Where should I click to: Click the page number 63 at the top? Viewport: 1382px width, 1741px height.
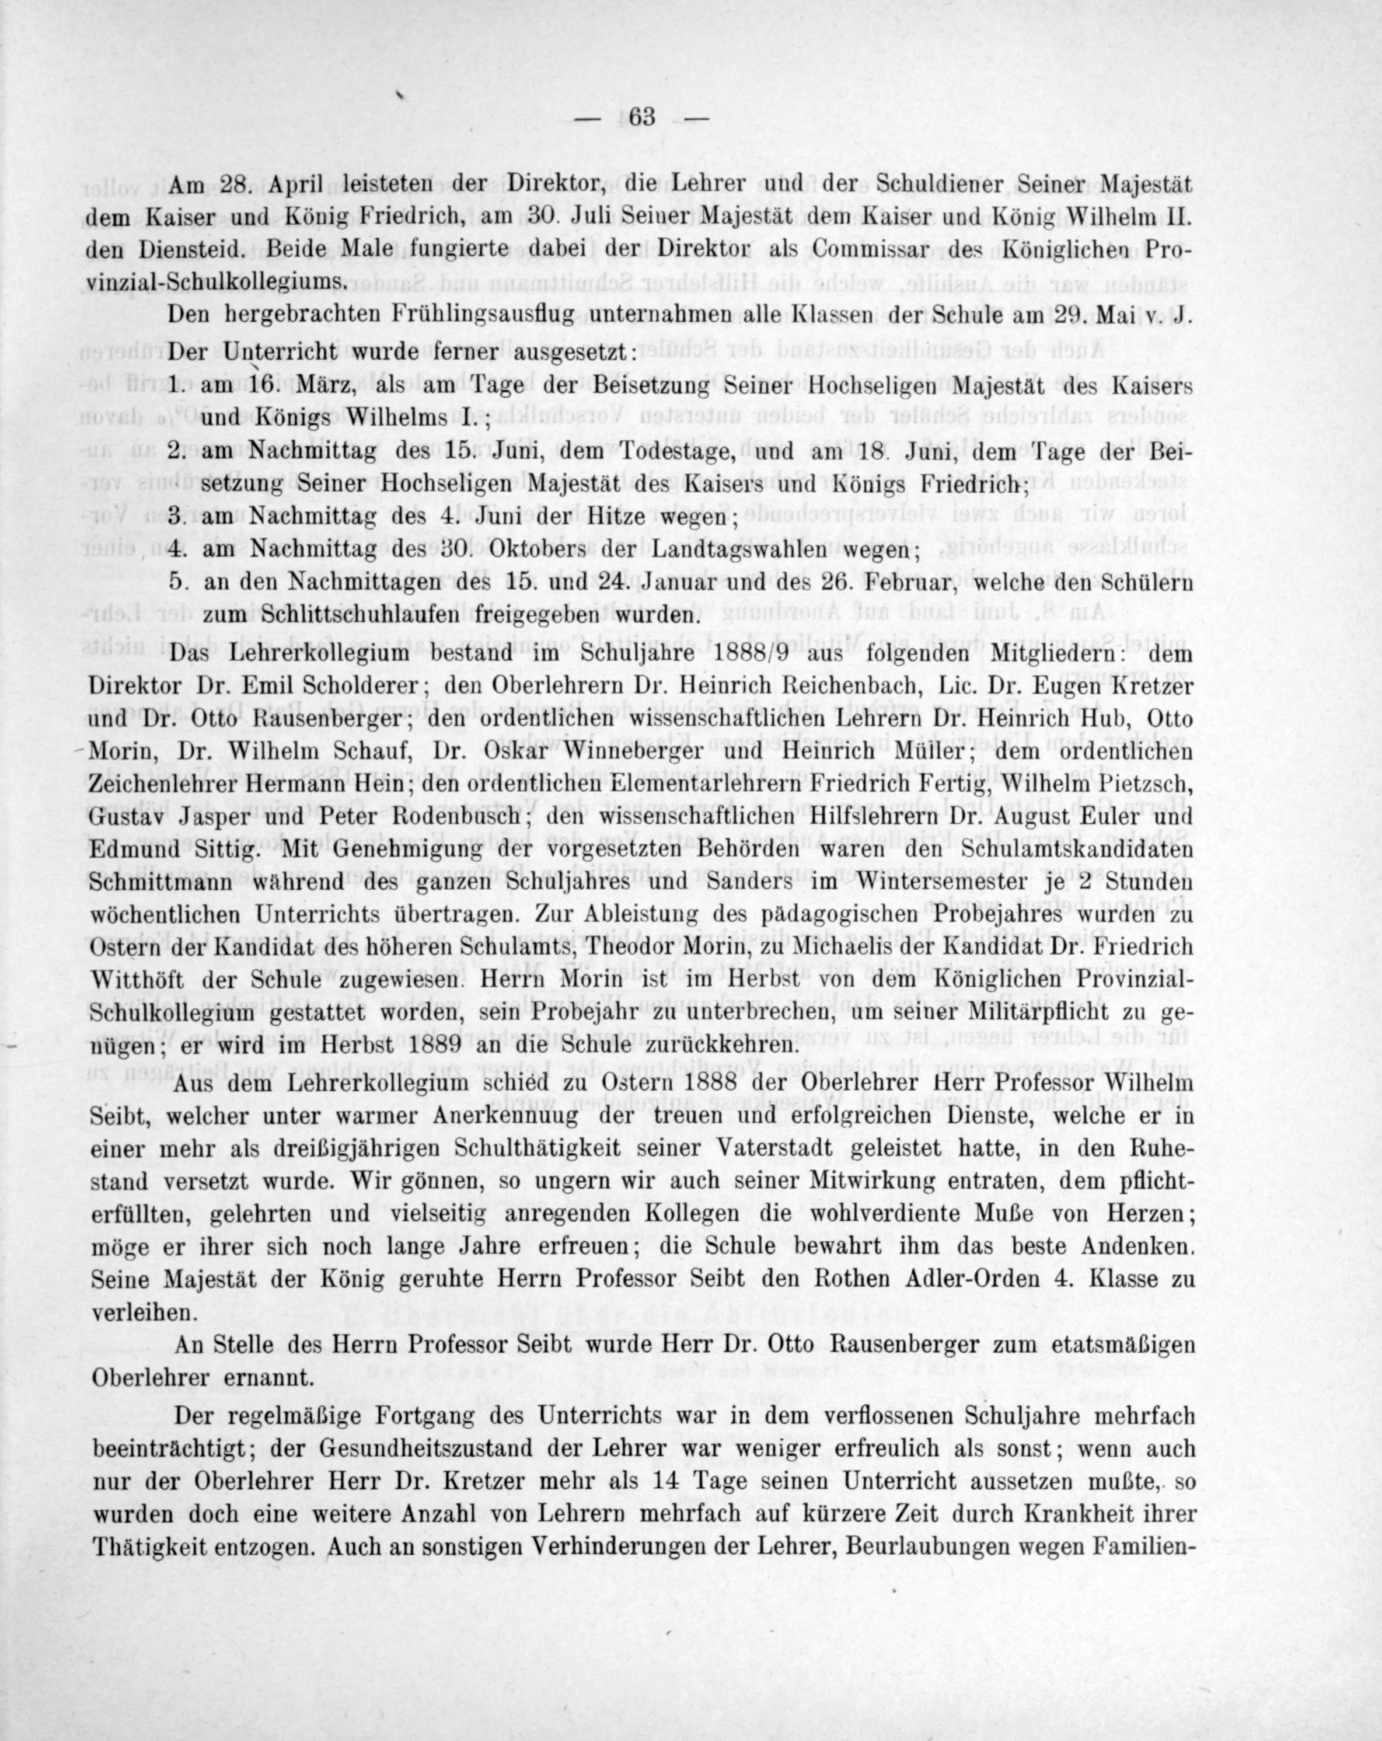(x=642, y=118)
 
